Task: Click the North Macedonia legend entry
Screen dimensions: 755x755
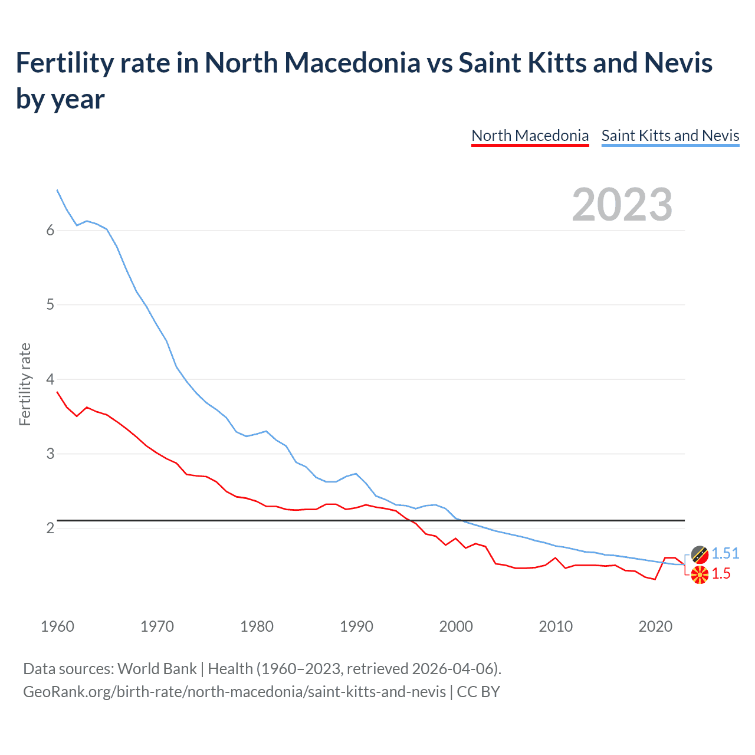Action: (530, 136)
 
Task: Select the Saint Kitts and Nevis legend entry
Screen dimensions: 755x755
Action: (670, 136)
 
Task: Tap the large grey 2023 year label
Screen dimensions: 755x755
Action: (622, 205)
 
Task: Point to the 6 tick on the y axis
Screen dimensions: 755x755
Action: (50, 231)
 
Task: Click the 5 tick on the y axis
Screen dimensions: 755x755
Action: (50, 305)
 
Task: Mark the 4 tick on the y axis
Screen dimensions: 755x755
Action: (50, 379)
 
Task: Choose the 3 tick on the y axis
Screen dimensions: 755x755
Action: (50, 454)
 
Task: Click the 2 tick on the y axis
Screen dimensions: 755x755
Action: (50, 528)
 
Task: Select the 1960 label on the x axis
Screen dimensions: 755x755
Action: (57, 626)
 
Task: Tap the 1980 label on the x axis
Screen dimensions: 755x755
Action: (257, 626)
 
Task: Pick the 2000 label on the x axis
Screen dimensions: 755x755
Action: (456, 626)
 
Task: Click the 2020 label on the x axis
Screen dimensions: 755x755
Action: (655, 626)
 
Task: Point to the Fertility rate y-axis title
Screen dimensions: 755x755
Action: (25, 385)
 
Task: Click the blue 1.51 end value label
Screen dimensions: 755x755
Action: (725, 553)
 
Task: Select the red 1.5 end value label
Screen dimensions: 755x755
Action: (721, 574)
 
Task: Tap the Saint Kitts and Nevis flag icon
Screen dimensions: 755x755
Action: (700, 554)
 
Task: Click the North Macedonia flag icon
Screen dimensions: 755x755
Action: (700, 575)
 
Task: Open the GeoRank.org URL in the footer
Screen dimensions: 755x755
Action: (234, 691)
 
